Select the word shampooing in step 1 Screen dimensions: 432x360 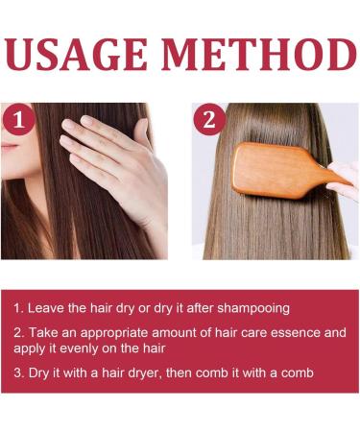click(x=255, y=308)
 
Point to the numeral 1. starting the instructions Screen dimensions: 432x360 click(x=18, y=308)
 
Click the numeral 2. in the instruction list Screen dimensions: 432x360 click(x=18, y=333)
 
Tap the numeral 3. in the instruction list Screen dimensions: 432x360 click(x=18, y=372)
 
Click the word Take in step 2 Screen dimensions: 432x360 click(x=41, y=333)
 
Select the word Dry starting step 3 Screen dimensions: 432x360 click(x=38, y=372)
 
